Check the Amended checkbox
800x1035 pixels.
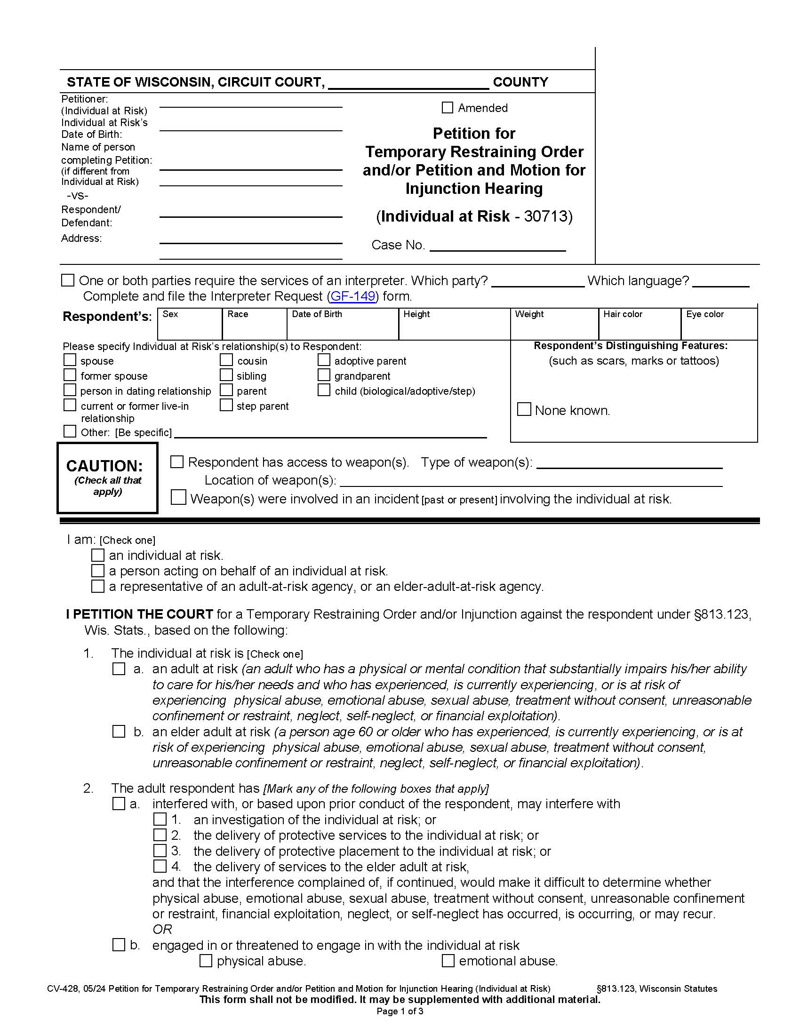click(x=447, y=108)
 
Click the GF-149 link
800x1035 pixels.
click(x=352, y=296)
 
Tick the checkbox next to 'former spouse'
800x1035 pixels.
click(x=70, y=375)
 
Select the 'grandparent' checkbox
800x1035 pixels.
click(x=324, y=375)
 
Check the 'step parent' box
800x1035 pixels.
click(x=226, y=405)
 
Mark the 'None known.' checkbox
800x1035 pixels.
click(x=524, y=409)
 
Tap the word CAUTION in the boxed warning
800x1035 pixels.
click(x=104, y=466)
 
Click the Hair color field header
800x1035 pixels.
click(x=622, y=314)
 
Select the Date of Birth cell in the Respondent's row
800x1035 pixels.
click(x=342, y=328)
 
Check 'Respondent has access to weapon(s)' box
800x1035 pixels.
click(x=177, y=462)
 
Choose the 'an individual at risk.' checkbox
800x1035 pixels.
click(x=97, y=555)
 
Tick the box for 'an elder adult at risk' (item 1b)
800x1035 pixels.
click(x=119, y=732)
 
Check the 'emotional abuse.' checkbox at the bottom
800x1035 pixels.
click(x=448, y=961)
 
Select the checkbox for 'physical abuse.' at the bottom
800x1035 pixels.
click(x=206, y=961)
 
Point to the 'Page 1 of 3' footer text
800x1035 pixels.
click(x=400, y=1011)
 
